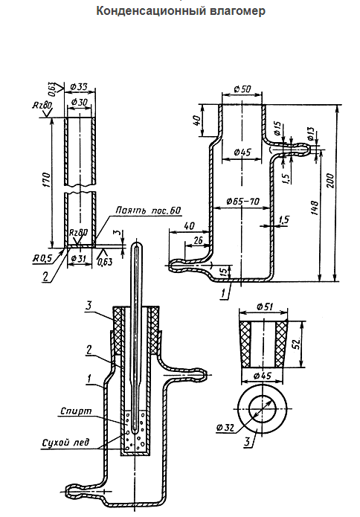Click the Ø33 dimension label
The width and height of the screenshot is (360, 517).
(79, 87)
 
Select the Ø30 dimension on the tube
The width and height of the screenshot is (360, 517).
(79, 102)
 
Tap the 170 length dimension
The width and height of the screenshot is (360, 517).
(46, 180)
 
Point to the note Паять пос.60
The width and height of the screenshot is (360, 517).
(148, 211)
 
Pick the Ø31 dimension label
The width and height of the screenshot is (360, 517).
(78, 257)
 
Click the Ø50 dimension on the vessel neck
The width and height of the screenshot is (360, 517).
(242, 89)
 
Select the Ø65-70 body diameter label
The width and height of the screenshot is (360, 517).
(243, 201)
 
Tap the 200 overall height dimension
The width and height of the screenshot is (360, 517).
(330, 181)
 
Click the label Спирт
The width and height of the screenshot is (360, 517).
(76, 411)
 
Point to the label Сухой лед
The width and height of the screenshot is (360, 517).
(65, 442)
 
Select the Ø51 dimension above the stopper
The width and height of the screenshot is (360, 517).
(264, 306)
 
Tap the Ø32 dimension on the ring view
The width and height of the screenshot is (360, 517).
(225, 428)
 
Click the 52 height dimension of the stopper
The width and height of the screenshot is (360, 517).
(296, 344)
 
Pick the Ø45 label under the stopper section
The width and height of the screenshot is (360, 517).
(263, 376)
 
